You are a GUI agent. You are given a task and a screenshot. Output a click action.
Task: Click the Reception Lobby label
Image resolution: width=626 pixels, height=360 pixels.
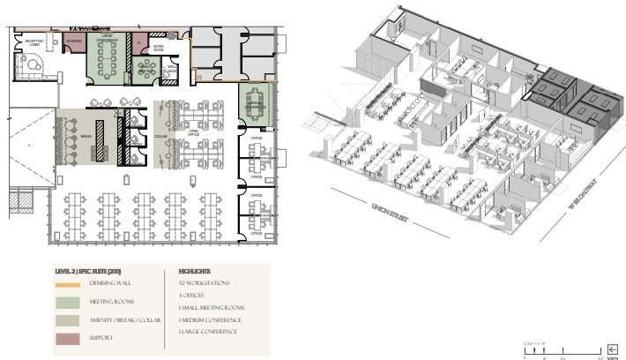[x=34, y=41]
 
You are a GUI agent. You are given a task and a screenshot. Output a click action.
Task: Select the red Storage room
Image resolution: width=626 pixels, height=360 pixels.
[x=73, y=43]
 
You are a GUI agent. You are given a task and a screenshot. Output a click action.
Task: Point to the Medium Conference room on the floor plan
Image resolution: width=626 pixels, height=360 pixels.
[x=257, y=103]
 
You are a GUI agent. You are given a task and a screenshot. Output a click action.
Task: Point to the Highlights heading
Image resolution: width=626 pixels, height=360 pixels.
[x=194, y=271]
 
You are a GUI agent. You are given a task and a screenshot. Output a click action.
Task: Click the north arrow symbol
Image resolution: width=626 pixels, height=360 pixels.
[x=608, y=349]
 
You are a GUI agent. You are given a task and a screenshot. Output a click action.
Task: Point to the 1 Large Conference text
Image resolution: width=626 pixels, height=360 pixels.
[x=208, y=331]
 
